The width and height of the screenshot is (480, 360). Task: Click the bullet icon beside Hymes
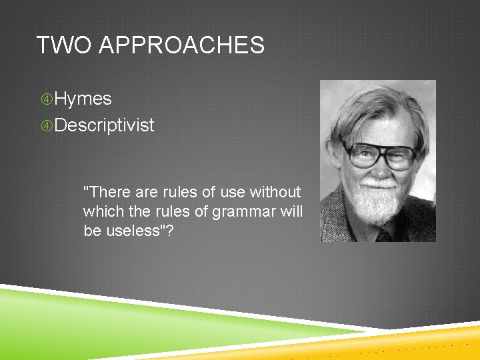[x=46, y=99]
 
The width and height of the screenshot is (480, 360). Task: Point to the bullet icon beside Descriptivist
[x=46, y=125]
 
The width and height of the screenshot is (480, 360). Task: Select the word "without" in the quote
[x=275, y=192]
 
